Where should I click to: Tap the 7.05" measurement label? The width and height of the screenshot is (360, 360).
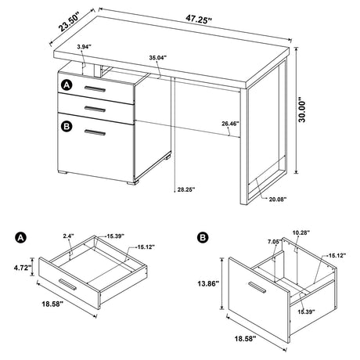(x=274, y=243)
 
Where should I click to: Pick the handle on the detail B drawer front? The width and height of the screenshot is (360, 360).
(x=249, y=285)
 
